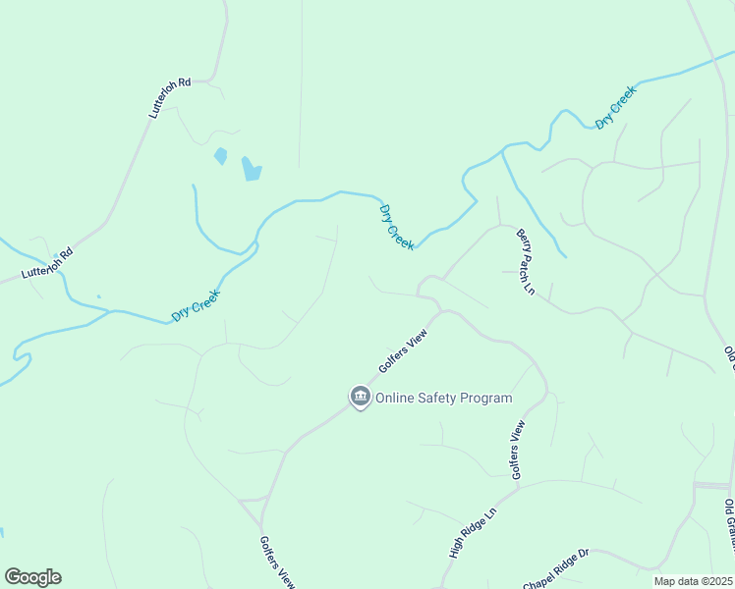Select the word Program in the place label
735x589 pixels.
[x=489, y=399]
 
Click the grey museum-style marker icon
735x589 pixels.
[x=360, y=397]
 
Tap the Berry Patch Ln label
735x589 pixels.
[x=526, y=262]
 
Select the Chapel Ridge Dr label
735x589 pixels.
[x=555, y=566]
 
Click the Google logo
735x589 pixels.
[x=32, y=577]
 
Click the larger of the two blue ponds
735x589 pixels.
[x=252, y=169]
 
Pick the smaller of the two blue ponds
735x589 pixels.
[x=220, y=155]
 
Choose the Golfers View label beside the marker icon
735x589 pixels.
[x=403, y=351]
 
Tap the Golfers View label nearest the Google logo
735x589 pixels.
[x=277, y=562]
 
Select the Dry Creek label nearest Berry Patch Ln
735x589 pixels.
[x=397, y=227]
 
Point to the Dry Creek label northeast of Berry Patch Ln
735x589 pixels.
[x=616, y=107]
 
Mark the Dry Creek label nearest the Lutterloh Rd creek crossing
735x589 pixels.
[x=196, y=305]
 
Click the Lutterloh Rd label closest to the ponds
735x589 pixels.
[x=170, y=99]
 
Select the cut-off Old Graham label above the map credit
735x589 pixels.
[x=729, y=524]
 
